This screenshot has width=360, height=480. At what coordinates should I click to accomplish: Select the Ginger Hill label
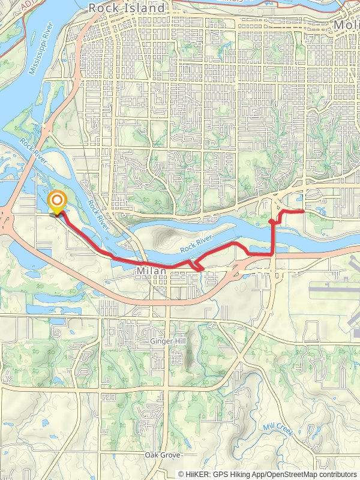(169, 341)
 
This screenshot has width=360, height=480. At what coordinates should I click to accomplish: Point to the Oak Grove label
(162, 456)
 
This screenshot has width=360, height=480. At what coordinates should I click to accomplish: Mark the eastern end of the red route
(304, 211)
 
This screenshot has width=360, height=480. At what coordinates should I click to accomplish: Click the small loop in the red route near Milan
(196, 265)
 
